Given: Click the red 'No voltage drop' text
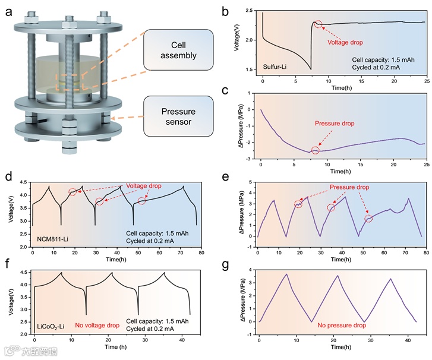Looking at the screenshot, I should point(97,325).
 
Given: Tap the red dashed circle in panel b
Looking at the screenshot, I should point(319,24).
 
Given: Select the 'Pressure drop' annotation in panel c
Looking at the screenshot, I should point(334,124).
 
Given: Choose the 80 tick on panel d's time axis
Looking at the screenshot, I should point(202,251).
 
